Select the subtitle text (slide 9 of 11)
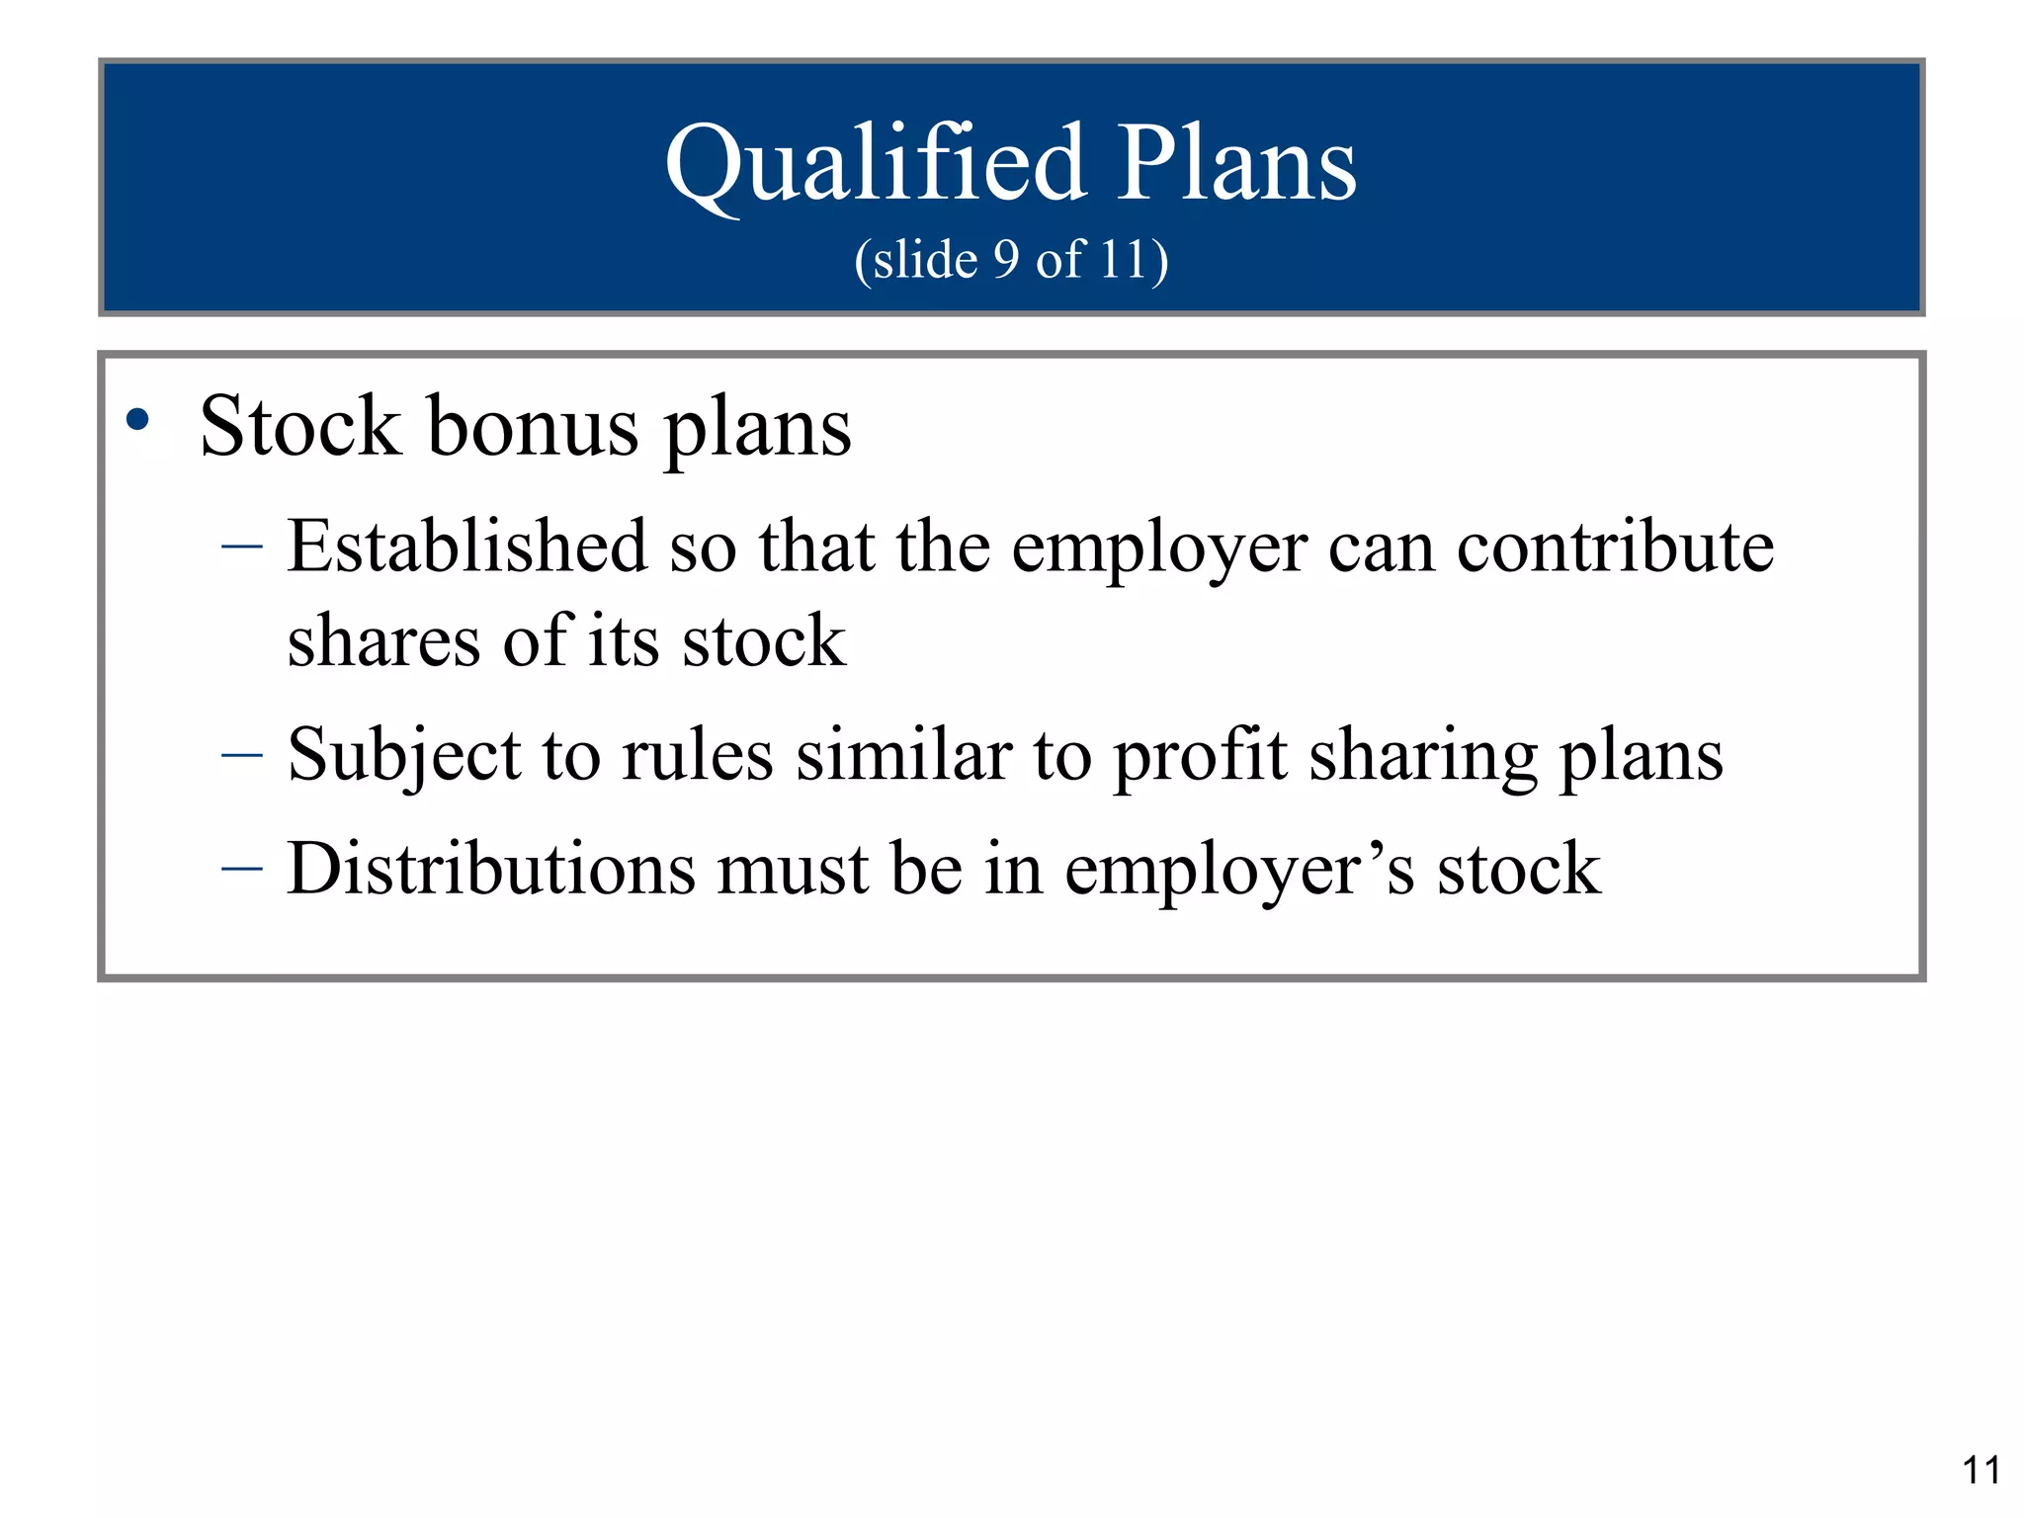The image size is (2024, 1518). [x=1011, y=260]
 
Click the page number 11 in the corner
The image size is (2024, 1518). [x=1981, y=1470]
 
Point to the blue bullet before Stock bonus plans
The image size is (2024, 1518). [x=137, y=420]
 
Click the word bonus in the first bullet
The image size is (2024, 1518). [x=533, y=427]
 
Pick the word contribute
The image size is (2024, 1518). [x=1615, y=546]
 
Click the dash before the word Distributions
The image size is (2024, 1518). [x=242, y=869]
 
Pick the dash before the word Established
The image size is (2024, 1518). [x=242, y=546]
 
